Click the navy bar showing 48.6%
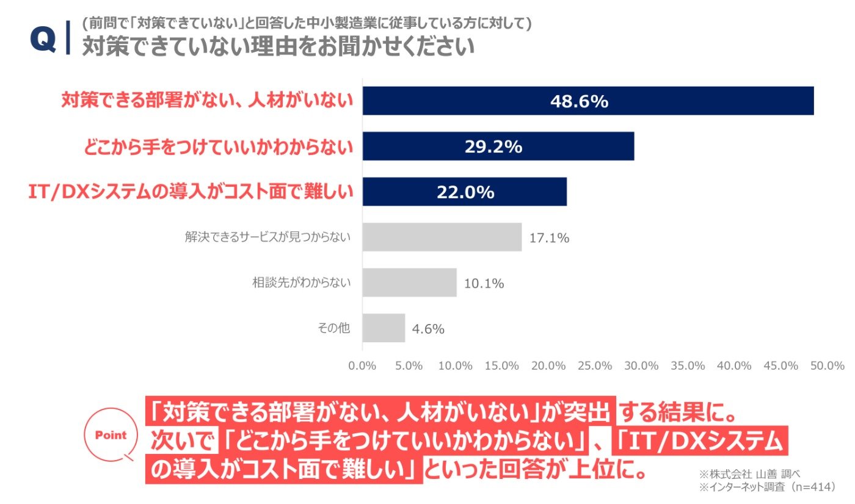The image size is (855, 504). pyautogui.click(x=588, y=101)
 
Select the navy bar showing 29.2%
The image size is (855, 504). pyautogui.click(x=498, y=146)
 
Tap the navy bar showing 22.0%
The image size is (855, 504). pyautogui.click(x=465, y=192)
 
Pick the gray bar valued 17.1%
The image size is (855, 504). pyautogui.click(x=442, y=237)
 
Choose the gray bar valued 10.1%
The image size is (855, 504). pyautogui.click(x=410, y=282)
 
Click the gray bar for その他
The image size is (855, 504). pyautogui.click(x=384, y=328)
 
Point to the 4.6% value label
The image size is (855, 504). pyautogui.click(x=428, y=329)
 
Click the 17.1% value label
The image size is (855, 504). pyautogui.click(x=549, y=238)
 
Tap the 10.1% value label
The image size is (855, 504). pyautogui.click(x=484, y=283)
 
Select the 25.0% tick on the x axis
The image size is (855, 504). pyautogui.click(x=595, y=365)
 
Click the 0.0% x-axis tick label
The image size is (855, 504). pyautogui.click(x=362, y=365)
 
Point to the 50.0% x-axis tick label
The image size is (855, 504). pyautogui.click(x=827, y=365)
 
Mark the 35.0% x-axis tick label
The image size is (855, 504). pyautogui.click(x=688, y=365)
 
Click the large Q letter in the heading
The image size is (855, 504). pyautogui.click(x=43, y=40)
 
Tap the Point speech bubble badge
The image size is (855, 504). pyautogui.click(x=111, y=434)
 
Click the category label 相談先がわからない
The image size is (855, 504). pyautogui.click(x=301, y=282)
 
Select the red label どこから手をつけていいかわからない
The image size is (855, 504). pyautogui.click(x=218, y=147)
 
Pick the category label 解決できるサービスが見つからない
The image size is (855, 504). pyautogui.click(x=267, y=237)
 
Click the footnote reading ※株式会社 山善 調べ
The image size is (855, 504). pyautogui.click(x=749, y=474)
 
